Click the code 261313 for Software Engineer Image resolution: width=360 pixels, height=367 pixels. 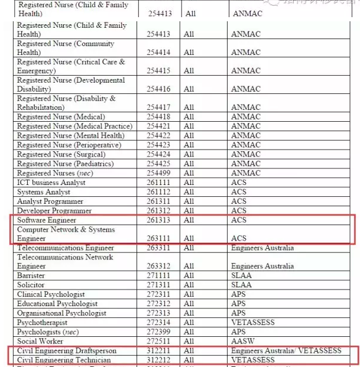point(158,220)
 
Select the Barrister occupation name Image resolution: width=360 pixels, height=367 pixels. point(31,276)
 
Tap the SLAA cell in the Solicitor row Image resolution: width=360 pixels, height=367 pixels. point(241,285)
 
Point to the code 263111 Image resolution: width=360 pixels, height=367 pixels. point(158,239)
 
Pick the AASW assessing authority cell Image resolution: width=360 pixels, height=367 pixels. point(242,342)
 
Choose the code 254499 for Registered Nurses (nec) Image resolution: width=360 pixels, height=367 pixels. point(158,174)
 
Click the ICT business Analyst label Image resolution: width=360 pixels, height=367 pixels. point(51,183)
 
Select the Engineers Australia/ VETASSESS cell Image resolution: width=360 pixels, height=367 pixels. point(286,351)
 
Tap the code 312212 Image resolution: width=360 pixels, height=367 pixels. point(158,360)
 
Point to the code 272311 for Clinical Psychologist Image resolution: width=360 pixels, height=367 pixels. point(158,295)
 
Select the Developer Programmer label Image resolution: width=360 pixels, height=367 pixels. point(54,211)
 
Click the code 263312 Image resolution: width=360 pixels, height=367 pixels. point(158,267)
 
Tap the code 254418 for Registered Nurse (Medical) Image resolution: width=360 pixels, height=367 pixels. point(158,117)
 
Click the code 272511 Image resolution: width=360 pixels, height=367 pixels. point(158,342)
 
